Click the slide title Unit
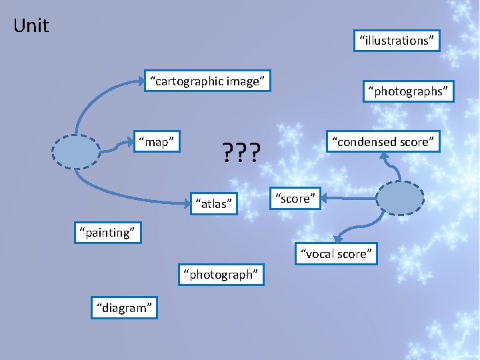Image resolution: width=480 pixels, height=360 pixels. point(31,26)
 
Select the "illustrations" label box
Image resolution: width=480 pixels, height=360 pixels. point(397,41)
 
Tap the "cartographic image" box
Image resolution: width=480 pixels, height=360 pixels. point(208,81)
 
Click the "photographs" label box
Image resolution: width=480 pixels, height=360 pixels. point(407,91)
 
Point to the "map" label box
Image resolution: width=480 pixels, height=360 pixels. point(156,141)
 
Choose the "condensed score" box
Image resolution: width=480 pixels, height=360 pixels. point(384,141)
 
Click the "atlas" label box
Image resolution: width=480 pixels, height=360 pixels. point(213,203)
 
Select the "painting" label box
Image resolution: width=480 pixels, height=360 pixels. point(107,232)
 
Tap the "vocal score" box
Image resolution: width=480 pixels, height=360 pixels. point(337,253)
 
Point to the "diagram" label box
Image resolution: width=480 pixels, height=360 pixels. point(125,307)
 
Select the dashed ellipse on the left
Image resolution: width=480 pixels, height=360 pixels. point(75,151)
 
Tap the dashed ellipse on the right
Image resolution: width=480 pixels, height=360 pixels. point(400,197)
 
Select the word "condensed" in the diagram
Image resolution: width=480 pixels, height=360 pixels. point(365,141)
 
